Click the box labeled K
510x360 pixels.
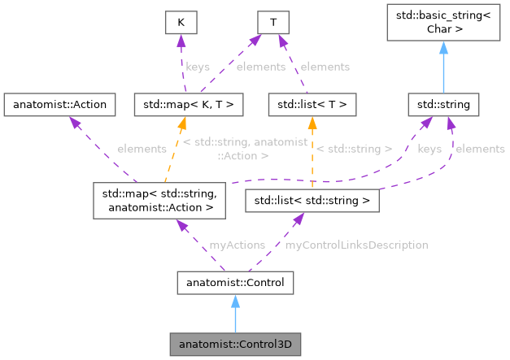tap(181, 23)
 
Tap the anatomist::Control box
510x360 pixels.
tap(235, 283)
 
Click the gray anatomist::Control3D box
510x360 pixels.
tap(235, 345)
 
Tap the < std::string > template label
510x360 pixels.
tap(354, 149)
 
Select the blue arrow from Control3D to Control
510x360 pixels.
tap(235, 314)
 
